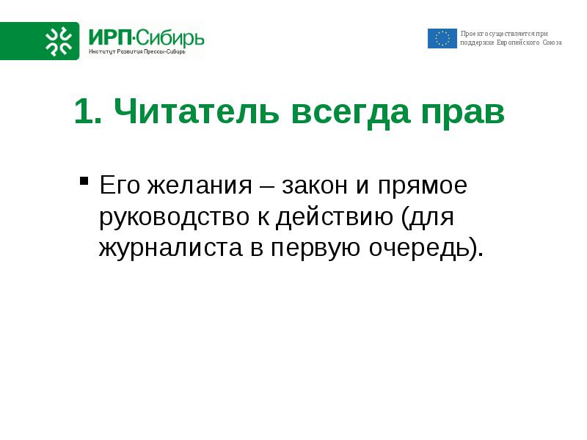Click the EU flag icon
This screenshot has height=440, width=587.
442,39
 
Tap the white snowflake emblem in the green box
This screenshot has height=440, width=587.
59,41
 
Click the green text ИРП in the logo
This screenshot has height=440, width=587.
111,38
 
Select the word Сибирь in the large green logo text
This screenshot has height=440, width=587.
170,38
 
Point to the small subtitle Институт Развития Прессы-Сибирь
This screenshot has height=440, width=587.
137,51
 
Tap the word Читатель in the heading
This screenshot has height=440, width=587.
197,111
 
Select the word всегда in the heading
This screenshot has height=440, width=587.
351,112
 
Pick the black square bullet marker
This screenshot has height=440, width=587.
84,181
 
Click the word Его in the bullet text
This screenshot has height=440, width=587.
120,186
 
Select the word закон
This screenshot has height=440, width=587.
315,186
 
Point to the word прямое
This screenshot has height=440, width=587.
423,187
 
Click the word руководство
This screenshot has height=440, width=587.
174,218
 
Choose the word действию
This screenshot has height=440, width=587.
335,216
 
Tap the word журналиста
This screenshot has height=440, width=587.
171,248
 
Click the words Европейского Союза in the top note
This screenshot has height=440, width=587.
529,43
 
